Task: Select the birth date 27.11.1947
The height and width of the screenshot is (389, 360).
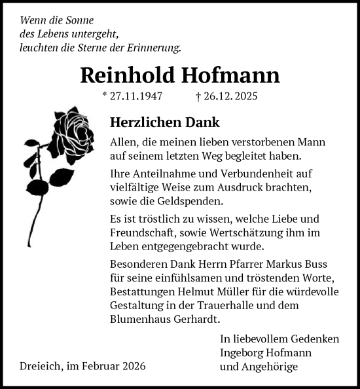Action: (x=136, y=98)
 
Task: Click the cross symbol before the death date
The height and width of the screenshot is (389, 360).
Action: (x=198, y=97)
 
